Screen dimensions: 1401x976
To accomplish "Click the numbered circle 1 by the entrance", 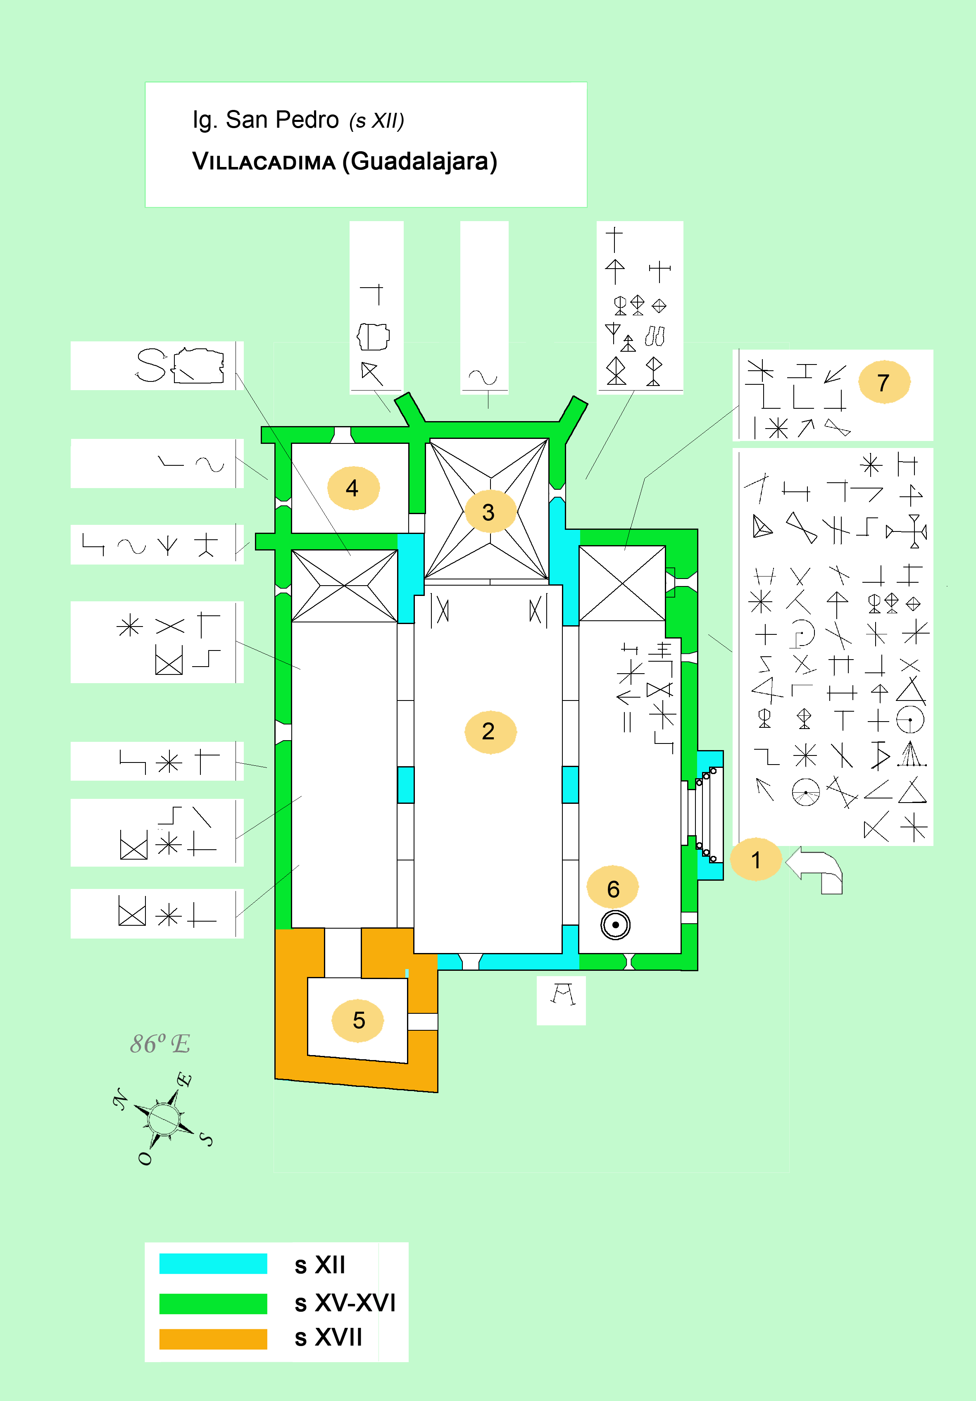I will (x=756, y=860).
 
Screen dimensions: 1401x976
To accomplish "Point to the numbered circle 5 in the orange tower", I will (x=358, y=1020).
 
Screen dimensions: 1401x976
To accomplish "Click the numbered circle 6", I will (x=612, y=889).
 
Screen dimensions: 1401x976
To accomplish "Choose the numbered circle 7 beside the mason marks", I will (x=884, y=383).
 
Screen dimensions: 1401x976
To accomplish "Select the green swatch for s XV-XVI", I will (x=213, y=1303).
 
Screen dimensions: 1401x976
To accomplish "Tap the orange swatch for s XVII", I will (x=213, y=1339).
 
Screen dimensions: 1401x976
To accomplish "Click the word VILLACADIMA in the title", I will (x=264, y=162).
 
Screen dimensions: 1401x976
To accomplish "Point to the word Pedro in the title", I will (x=307, y=120).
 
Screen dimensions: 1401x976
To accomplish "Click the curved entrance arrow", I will (x=816, y=869).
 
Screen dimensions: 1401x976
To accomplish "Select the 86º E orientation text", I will (x=160, y=1044).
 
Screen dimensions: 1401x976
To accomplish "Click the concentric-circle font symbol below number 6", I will (x=615, y=925).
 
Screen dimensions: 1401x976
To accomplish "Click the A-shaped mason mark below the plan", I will (x=562, y=995).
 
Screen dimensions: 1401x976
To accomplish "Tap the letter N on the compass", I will (x=121, y=1099).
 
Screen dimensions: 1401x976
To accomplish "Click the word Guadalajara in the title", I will (x=420, y=162).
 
